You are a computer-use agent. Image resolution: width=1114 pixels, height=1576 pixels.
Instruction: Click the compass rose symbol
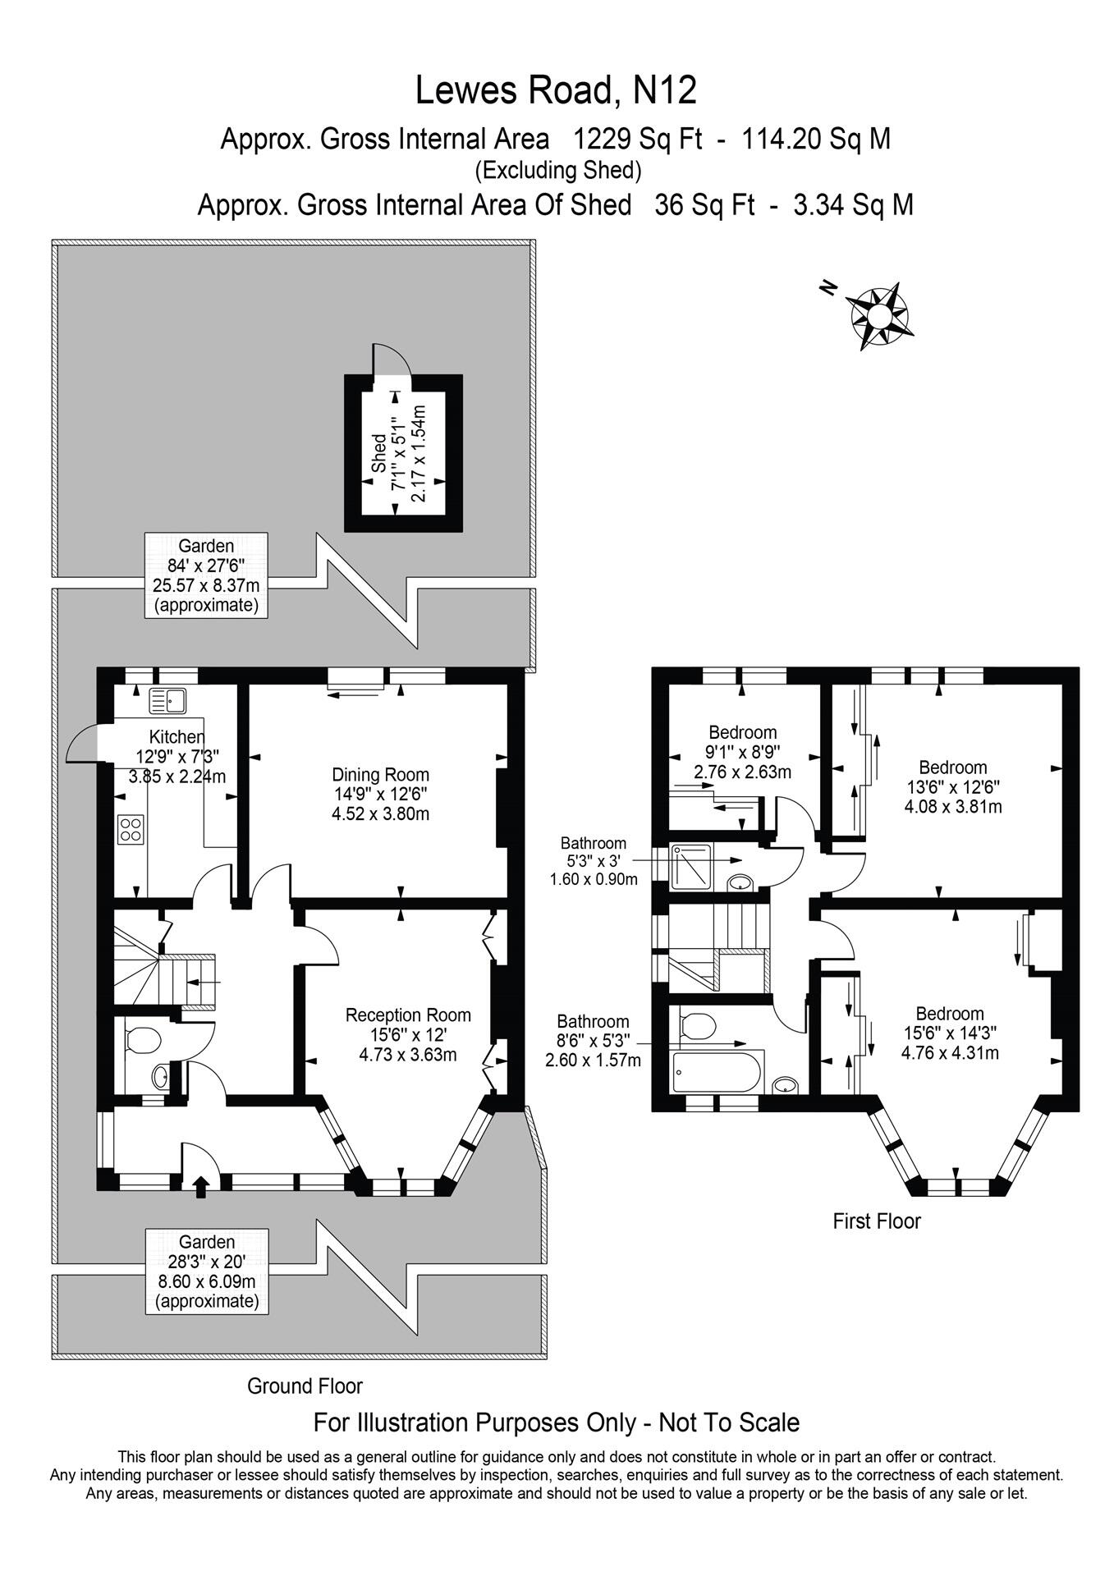point(878,315)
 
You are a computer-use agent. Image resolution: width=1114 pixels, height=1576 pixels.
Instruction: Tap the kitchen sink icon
point(168,700)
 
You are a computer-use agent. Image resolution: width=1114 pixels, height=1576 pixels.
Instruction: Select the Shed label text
point(378,452)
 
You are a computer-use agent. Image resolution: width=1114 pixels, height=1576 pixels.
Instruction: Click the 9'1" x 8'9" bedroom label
point(742,752)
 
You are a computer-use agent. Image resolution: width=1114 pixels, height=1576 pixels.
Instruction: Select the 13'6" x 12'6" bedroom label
point(952,786)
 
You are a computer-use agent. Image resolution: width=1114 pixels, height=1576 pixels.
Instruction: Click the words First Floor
point(876,1221)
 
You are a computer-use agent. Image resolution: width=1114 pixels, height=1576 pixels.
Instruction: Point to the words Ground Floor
point(305,1386)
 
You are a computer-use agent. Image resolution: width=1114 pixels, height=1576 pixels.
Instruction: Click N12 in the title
point(665,90)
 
